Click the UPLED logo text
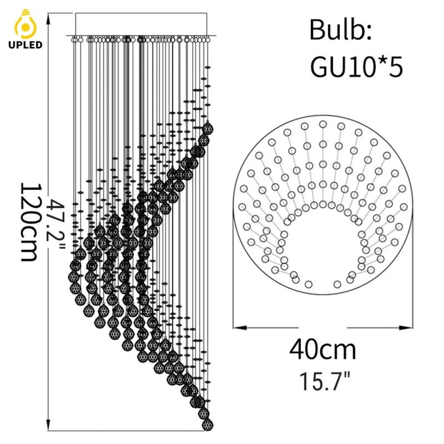coord(25,45)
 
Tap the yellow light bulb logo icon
coord(26,24)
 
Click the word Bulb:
coord(340,30)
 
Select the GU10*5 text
coord(356,67)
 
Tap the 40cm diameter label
coord(322,350)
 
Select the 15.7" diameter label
coord(325,381)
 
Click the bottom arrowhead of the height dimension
coord(48,424)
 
